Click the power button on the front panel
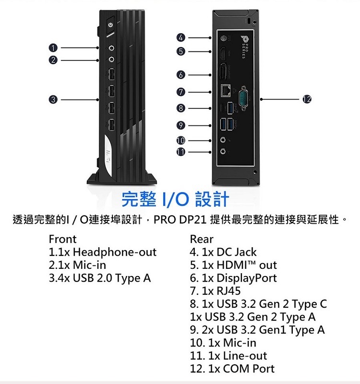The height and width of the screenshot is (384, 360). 111,24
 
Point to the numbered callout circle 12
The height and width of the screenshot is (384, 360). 307,99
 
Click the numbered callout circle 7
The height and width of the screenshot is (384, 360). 180,91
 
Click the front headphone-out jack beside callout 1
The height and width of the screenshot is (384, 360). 112,48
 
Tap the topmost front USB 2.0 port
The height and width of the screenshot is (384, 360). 111,75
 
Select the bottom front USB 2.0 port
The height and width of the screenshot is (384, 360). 111,126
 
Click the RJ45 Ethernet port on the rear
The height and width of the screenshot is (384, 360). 225,89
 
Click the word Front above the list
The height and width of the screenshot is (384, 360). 62,239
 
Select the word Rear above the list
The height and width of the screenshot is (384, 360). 202,239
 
